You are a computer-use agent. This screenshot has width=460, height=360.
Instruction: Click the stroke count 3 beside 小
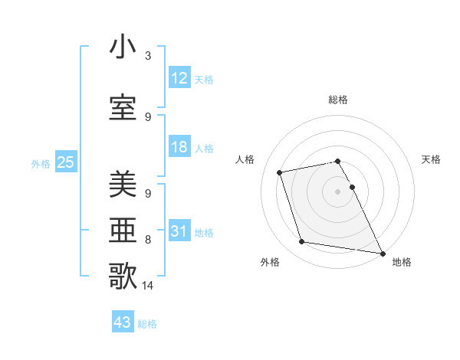148,56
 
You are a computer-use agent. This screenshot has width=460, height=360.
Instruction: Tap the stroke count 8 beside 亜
148,240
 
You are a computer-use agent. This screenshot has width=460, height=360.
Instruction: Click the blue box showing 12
179,78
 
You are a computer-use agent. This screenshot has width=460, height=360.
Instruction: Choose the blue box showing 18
179,148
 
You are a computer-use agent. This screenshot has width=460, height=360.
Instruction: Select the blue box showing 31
179,231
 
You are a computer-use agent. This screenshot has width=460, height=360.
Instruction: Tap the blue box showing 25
65,162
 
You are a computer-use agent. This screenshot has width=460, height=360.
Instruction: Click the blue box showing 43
123,322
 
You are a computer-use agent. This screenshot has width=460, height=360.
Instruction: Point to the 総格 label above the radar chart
338,100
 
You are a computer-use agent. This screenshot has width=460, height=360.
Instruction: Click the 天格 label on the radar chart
432,159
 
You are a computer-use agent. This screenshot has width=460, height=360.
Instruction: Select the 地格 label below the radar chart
402,262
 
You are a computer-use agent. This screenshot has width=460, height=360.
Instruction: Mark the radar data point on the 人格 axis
280,172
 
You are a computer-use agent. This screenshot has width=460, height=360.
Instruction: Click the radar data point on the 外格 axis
302,242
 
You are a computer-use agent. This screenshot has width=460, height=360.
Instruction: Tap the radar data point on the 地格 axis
382,252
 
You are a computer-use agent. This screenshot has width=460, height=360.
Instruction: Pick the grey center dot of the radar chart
338,191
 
